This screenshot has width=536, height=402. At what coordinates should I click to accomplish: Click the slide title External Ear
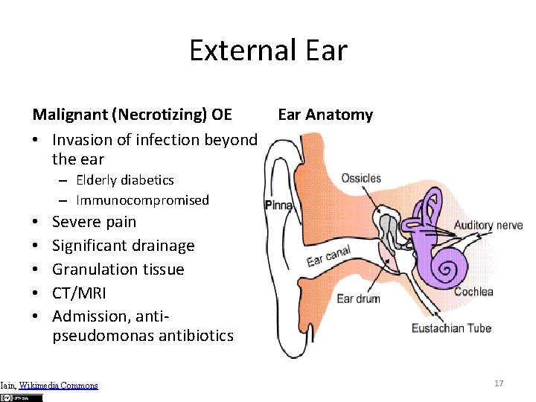point(268,51)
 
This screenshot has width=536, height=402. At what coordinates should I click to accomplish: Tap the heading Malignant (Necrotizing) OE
point(132,115)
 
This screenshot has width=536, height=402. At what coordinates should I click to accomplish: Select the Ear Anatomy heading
point(325,115)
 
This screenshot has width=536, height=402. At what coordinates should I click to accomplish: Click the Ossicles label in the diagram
point(361,179)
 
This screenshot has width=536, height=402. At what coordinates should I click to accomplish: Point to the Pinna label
point(279,205)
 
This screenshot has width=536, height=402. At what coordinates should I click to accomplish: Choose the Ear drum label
point(358,299)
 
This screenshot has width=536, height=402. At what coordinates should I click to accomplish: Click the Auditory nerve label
point(488,225)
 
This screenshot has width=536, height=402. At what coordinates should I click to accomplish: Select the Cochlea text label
point(473,291)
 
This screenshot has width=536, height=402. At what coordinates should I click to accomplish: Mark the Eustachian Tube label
point(451,328)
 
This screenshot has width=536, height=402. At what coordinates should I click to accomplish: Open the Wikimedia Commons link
point(58,386)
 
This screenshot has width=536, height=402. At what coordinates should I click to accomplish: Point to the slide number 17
point(499,383)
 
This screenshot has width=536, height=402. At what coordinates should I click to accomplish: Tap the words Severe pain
point(94,222)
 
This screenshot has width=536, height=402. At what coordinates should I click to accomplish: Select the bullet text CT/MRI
point(79,293)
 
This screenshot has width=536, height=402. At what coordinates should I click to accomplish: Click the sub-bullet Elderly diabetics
point(124,180)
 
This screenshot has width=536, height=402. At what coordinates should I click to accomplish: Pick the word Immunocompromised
point(142,200)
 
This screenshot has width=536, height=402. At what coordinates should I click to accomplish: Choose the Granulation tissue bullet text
point(118,269)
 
